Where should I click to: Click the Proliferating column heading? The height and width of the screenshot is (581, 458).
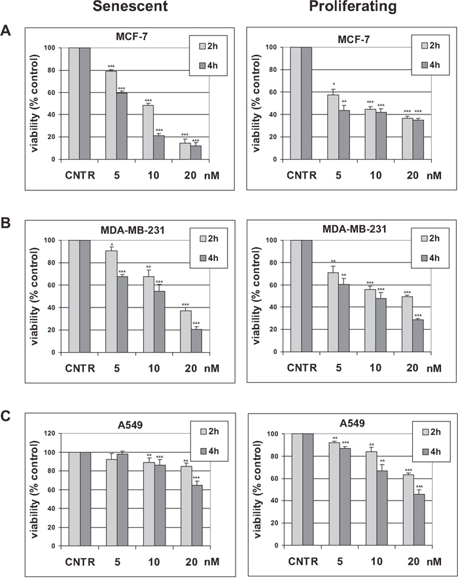coord(353,8)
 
